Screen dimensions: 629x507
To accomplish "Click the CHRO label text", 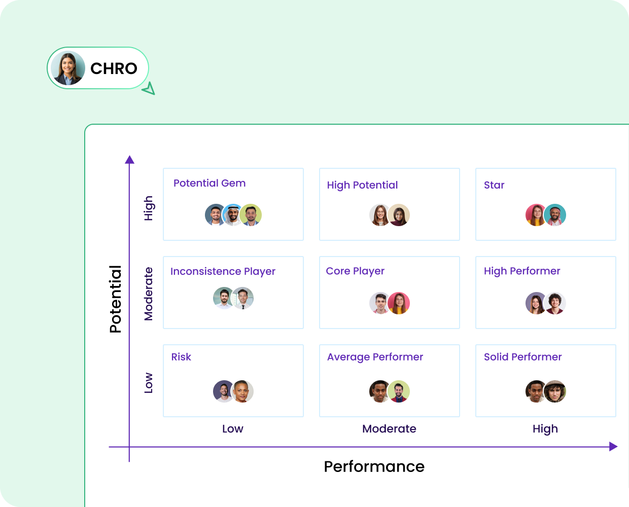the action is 114,68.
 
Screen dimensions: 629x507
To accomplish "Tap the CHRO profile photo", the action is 68,68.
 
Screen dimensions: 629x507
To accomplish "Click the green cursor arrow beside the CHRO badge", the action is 149,89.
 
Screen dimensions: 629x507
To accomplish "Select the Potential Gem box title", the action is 209,183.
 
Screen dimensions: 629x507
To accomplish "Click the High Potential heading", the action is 362,185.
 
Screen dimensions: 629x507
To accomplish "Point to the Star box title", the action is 494,185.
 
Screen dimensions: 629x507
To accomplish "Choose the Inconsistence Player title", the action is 223,271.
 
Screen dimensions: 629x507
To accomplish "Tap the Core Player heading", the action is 355,271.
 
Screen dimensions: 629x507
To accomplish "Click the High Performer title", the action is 522,271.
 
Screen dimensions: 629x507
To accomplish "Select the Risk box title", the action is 181,357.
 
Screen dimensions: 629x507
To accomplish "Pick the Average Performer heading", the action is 375,357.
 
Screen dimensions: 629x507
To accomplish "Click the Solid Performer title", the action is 522,357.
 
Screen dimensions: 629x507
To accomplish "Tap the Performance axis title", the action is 374,466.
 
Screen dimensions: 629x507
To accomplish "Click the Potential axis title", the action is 116,299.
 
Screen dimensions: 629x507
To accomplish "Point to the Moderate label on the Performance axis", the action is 389,429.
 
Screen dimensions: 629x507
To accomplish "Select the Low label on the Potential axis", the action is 148,383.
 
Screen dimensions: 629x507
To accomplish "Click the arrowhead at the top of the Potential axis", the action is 129,160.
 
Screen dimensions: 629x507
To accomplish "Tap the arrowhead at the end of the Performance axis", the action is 613,447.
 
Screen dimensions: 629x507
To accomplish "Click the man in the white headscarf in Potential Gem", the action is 233,215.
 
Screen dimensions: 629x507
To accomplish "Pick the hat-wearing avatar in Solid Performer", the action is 555,391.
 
